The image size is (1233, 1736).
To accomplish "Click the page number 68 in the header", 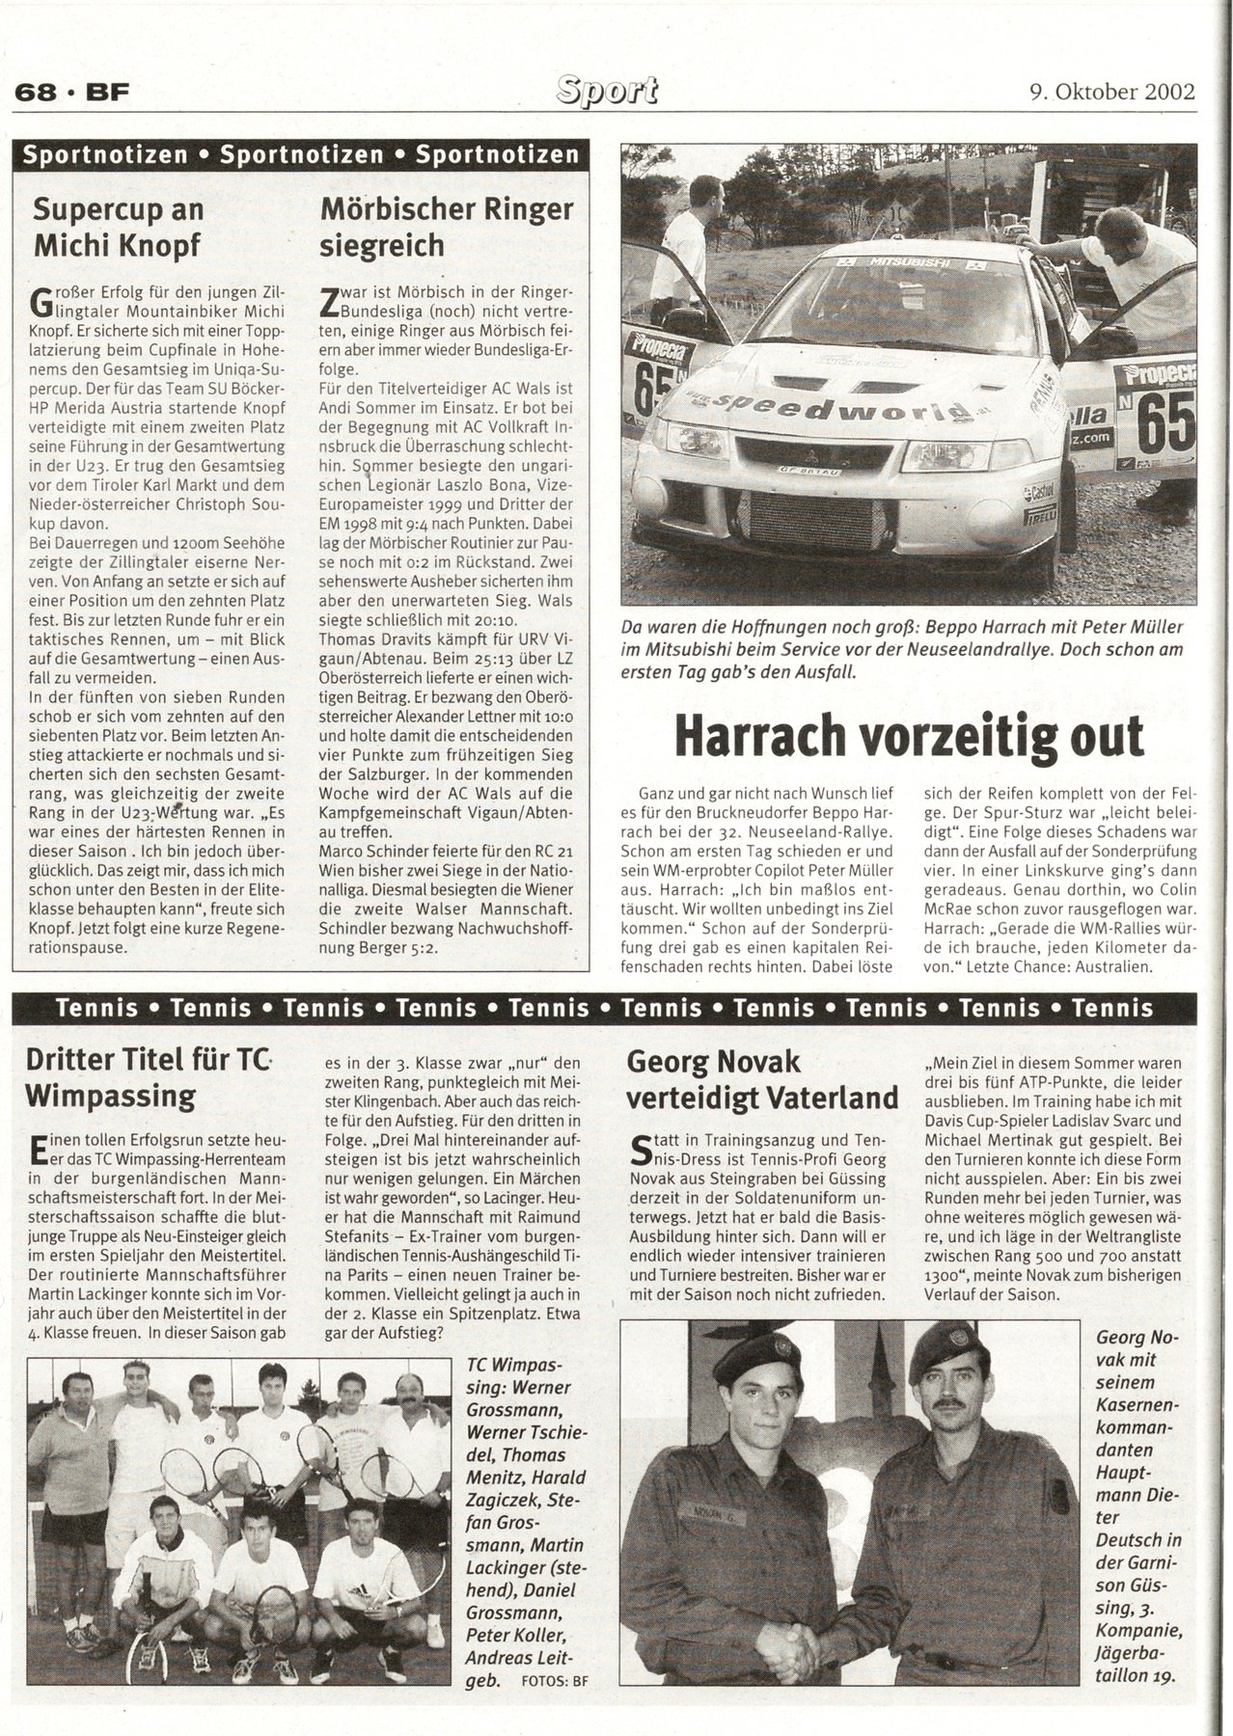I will tap(33, 93).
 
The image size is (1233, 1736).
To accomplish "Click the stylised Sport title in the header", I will tap(607, 90).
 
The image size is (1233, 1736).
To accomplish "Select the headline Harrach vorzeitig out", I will tap(908, 737).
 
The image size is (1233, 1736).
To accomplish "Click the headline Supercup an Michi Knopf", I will tap(118, 227).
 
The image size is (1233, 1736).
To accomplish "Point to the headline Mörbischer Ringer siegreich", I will tap(446, 227).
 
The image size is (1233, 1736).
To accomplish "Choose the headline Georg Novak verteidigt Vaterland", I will tap(762, 1079).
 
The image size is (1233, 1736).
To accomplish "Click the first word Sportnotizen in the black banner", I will tap(105, 155).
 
